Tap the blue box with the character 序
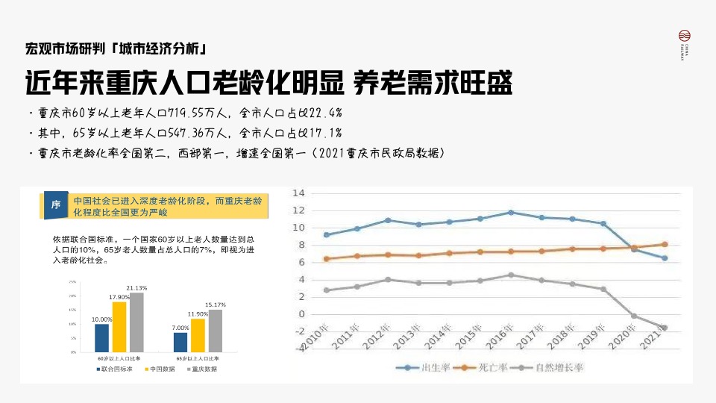(55, 205)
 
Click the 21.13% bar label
(136, 287)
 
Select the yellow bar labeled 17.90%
(119, 326)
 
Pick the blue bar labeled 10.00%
(102, 337)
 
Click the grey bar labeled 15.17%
(216, 330)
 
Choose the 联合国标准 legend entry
(114, 369)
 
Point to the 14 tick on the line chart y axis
(298, 193)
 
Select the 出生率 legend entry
(422, 368)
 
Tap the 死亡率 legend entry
(486, 368)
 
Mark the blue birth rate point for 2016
(511, 213)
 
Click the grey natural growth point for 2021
(665, 328)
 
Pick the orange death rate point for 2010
(326, 259)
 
